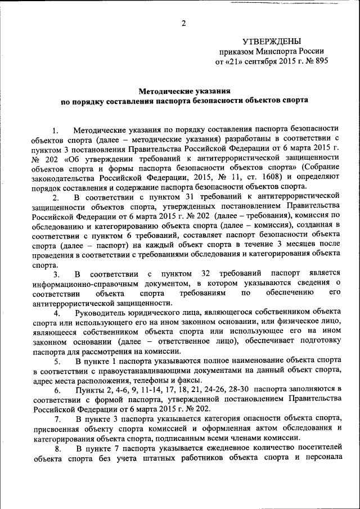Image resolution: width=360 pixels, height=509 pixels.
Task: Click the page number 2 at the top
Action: click(184, 23)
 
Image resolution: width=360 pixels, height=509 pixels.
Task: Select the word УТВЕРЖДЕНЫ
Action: click(272, 41)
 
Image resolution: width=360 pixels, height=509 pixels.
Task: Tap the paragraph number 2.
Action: click(56, 198)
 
